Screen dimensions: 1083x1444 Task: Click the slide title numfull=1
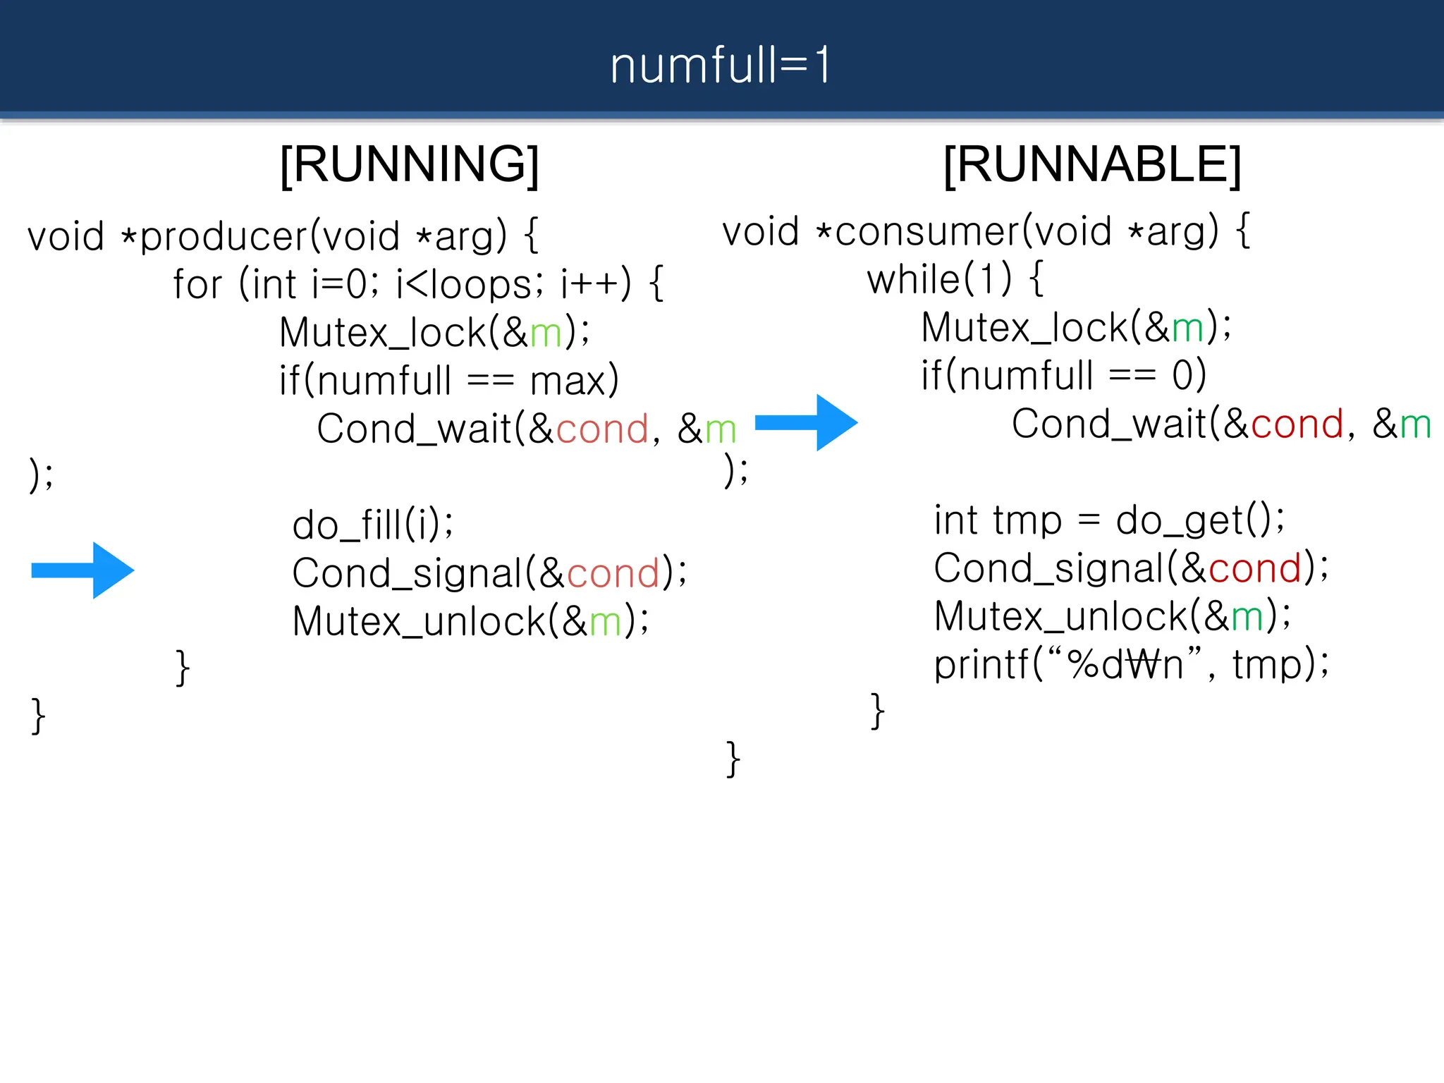click(720, 66)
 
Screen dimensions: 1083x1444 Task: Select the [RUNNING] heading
click(410, 164)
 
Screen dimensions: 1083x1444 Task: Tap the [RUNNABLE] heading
click(1092, 164)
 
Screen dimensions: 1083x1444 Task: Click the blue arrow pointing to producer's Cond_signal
click(83, 570)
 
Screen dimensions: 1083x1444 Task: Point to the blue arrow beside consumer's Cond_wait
click(806, 422)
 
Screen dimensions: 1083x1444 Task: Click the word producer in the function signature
click(224, 237)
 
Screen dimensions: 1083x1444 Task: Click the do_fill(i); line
click(373, 525)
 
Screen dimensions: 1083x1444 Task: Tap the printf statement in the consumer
click(1131, 664)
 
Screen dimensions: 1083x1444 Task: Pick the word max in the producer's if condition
click(568, 381)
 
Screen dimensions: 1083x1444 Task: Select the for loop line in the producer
click(418, 285)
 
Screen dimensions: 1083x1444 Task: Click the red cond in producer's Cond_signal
click(613, 573)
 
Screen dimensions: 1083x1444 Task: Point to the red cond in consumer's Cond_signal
click(1254, 568)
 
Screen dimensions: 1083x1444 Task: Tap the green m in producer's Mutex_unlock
click(605, 622)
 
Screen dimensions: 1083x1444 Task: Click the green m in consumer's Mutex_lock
click(1187, 329)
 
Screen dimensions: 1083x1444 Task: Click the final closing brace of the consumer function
click(733, 759)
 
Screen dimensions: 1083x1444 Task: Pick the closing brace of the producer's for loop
click(182, 667)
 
